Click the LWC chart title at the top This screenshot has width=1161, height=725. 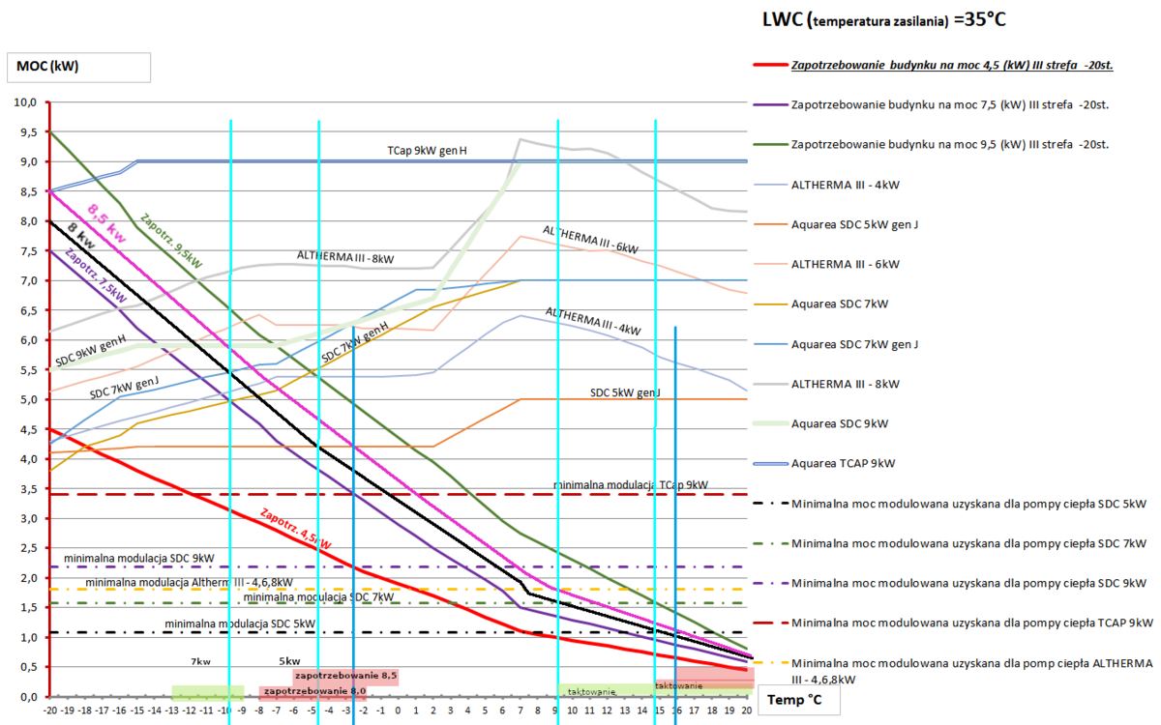tap(885, 18)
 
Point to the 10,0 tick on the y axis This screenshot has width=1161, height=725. tap(24, 102)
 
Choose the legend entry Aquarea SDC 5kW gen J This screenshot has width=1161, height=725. tap(854, 224)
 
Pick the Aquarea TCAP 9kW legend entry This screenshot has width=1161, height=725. tap(841, 463)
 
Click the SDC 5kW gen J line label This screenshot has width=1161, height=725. tap(625, 392)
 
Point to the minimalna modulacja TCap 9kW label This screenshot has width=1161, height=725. tap(631, 483)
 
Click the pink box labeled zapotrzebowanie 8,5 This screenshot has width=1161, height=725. tap(345, 676)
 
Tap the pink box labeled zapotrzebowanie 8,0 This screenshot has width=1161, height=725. tap(313, 691)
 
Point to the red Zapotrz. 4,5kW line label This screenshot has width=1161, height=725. tap(296, 528)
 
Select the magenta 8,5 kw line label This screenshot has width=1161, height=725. tap(105, 217)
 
